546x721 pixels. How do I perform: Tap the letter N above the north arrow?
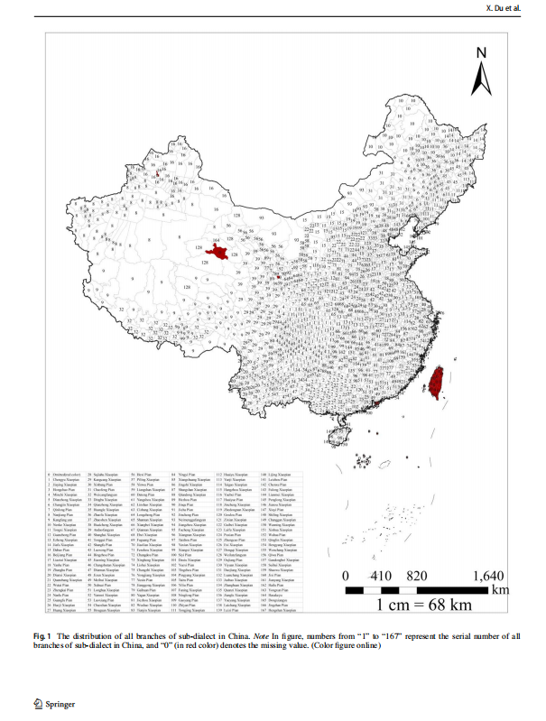pyautogui.click(x=483, y=52)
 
